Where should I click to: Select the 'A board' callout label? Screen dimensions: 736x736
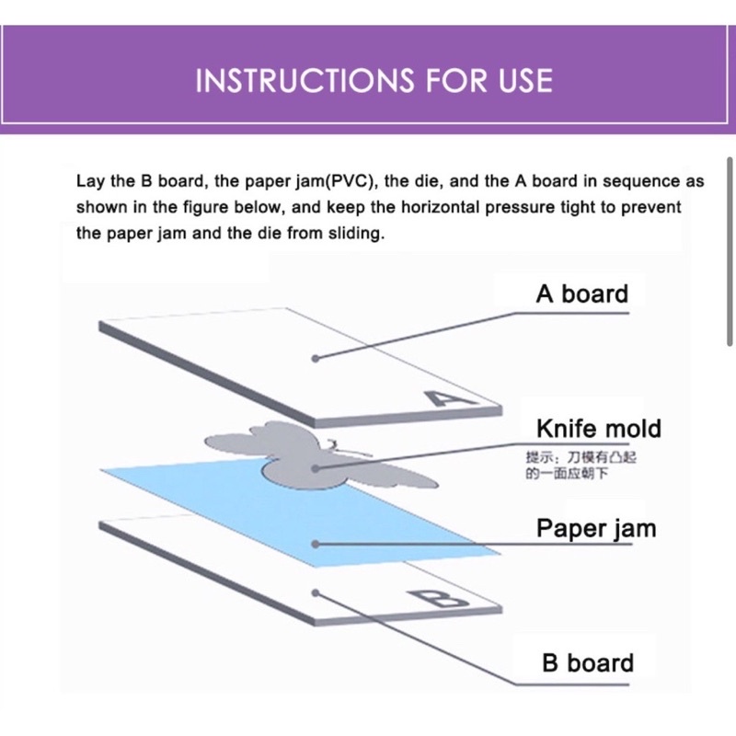[582, 293]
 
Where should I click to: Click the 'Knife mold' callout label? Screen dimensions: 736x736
[599, 428]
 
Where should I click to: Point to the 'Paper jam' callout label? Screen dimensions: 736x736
[596, 529]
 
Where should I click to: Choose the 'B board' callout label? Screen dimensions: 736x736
[588, 662]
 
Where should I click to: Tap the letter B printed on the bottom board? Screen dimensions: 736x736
[439, 598]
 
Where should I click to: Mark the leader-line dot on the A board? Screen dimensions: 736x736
[316, 359]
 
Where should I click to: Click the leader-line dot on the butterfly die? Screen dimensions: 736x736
[316, 468]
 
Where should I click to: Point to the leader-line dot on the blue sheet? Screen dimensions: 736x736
[316, 545]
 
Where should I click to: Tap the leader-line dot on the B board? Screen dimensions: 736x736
[316, 593]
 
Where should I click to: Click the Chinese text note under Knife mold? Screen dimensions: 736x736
[581, 465]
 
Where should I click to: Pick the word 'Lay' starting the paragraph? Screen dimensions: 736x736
[90, 181]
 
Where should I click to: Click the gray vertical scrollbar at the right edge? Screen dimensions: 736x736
[730, 252]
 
